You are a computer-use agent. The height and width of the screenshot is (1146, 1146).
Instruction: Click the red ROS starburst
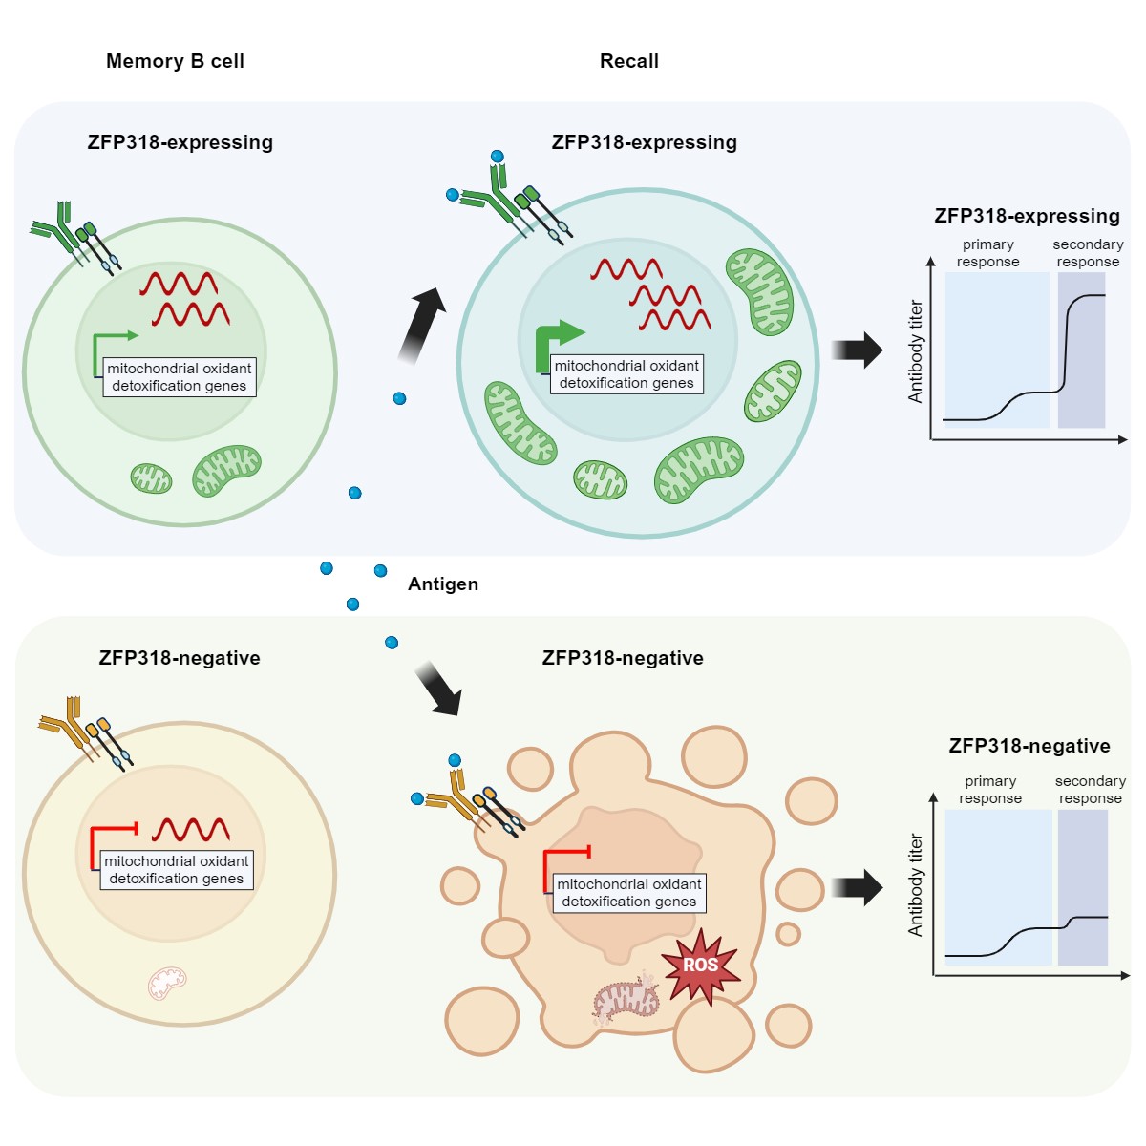701,965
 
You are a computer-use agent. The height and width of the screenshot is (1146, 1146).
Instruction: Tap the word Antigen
443,584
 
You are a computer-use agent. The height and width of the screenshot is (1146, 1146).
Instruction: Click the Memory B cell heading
175,61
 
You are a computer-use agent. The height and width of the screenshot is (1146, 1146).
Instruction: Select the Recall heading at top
628,61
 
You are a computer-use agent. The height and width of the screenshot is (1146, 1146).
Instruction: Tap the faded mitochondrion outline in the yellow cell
167,983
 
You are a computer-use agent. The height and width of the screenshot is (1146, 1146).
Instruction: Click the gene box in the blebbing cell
629,893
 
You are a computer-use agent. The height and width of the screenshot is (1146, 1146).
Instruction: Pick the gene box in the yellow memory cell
177,870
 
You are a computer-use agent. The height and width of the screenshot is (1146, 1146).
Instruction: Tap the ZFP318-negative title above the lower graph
1029,746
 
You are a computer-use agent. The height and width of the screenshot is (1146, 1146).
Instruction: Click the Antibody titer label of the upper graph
916,351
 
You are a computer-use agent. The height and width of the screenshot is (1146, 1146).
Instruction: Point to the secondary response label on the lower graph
1090,790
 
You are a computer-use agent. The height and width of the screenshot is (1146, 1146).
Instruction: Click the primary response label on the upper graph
987,253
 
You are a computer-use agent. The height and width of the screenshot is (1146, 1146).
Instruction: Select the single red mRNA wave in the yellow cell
191,828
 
